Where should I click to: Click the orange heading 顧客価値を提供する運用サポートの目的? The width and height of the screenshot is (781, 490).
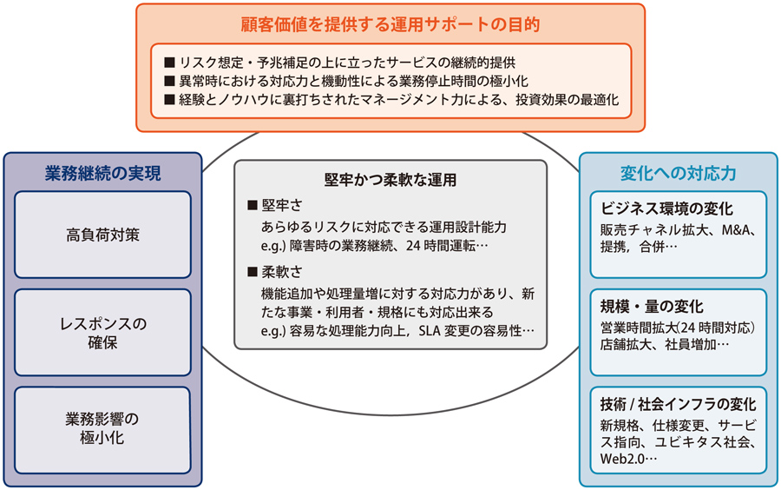pyautogui.click(x=390, y=24)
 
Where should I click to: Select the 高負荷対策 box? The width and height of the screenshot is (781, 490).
pyautogui.click(x=102, y=235)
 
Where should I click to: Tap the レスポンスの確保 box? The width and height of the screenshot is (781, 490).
pyautogui.click(x=102, y=333)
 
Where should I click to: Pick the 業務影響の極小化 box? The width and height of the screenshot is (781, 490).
pyautogui.click(x=102, y=430)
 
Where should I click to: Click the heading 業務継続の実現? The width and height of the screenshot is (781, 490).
pyautogui.click(x=102, y=173)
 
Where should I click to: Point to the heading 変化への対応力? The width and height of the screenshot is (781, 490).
pyautogui.click(x=678, y=173)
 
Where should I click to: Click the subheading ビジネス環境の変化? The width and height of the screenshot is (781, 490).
pyautogui.click(x=666, y=209)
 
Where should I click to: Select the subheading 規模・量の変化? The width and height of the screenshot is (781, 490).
pyautogui.click(x=652, y=306)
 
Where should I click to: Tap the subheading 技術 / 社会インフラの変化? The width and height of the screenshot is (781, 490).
pyautogui.click(x=678, y=404)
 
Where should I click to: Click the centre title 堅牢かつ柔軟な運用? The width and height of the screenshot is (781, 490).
pyautogui.click(x=390, y=180)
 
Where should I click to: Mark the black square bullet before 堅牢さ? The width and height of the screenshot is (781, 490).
pyautogui.click(x=252, y=205)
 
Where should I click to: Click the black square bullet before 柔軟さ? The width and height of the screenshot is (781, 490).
pyautogui.click(x=252, y=272)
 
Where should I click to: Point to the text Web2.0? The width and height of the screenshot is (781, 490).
pyautogui.click(x=622, y=459)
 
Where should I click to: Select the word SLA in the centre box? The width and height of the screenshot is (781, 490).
pyautogui.click(x=430, y=331)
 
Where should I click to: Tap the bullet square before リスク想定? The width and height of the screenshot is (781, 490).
pyautogui.click(x=169, y=63)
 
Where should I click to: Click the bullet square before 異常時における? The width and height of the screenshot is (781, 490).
pyautogui.click(x=169, y=81)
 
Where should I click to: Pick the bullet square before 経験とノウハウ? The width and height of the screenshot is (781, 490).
pyautogui.click(x=169, y=100)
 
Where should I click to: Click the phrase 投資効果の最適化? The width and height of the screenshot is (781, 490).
pyautogui.click(x=567, y=100)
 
